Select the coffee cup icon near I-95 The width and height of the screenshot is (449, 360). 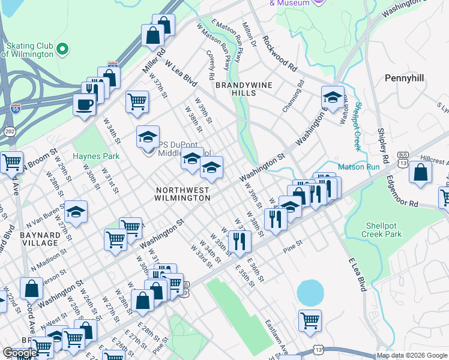tap(84, 105)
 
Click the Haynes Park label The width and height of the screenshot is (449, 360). tap(96, 156)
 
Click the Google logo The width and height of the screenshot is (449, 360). tap(19, 353)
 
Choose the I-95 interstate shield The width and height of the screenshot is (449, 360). tap(15, 109)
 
